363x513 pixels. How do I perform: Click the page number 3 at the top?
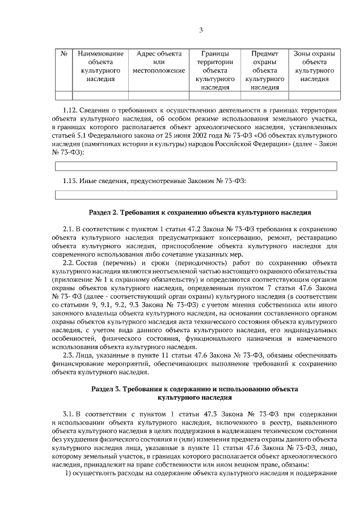201,30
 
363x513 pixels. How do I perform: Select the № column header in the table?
64,54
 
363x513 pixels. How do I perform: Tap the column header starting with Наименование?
100,66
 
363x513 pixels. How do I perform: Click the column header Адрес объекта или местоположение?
159,62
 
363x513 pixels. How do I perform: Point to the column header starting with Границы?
215,70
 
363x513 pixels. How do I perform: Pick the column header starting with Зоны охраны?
314,66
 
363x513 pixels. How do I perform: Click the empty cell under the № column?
64,95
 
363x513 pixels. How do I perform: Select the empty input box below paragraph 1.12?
196,166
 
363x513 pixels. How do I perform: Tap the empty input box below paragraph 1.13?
196,195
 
